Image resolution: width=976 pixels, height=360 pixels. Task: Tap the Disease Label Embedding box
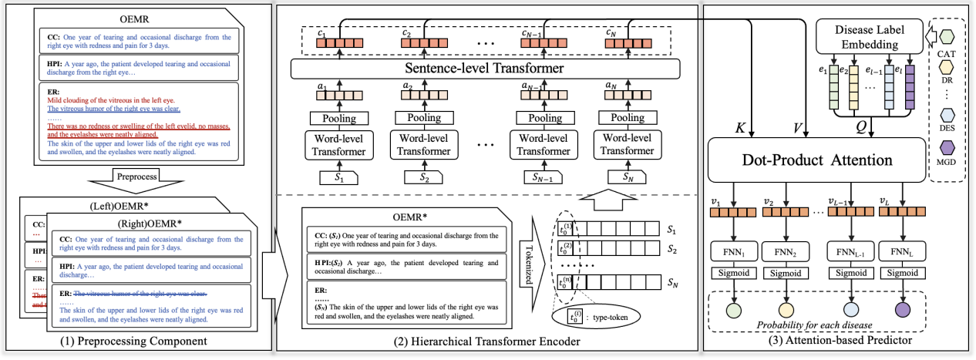point(870,36)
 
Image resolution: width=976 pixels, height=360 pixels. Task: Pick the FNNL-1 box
point(849,253)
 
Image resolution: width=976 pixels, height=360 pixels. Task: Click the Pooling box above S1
point(335,118)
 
